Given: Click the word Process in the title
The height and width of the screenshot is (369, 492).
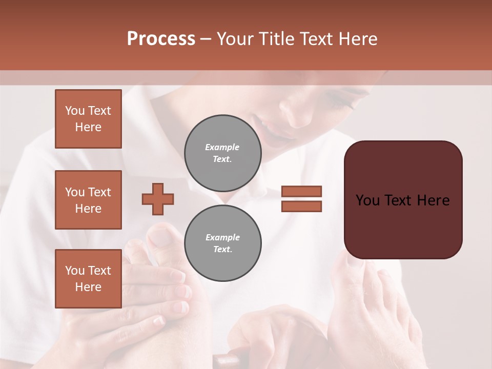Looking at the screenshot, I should (161, 38).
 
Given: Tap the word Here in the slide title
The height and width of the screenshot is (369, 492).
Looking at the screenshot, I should (357, 39).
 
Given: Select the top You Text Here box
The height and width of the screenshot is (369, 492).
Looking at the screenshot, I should (88, 119).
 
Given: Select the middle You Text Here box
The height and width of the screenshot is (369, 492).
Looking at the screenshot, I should (88, 200).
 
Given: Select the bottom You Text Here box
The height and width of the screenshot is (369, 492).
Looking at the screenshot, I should (88, 279).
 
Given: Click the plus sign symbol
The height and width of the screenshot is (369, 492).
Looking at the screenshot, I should (158, 199).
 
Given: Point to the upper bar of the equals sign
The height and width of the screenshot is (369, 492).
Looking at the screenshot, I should (302, 191).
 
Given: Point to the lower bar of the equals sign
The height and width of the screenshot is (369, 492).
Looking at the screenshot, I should (302, 206).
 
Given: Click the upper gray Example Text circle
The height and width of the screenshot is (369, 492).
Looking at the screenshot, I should (222, 153).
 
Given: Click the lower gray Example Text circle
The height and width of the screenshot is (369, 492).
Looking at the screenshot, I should (222, 243).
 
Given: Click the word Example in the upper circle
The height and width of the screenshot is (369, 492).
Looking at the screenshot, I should (222, 147).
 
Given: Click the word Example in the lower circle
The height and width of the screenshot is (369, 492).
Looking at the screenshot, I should (222, 237).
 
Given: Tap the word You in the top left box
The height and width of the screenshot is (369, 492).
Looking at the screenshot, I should (75, 111).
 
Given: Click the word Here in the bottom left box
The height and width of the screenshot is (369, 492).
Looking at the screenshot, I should (88, 287).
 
